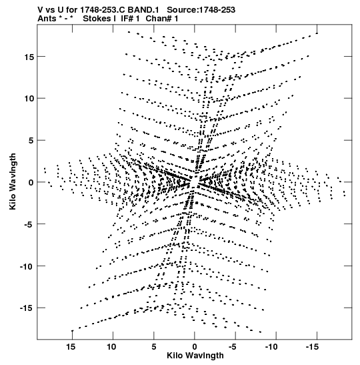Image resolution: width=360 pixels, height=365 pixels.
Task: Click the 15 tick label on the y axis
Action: coord(29,57)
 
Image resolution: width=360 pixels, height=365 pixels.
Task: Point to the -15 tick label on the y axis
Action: coord(27,308)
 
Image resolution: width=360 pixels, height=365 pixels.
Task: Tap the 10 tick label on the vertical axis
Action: coord(29,99)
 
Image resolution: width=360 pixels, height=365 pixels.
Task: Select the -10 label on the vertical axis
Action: coord(27,266)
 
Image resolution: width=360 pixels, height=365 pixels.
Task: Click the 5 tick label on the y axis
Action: coord(31,140)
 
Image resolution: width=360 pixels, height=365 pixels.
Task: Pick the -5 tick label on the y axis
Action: coord(29,224)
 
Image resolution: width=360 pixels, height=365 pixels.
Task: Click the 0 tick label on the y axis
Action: coord(31,182)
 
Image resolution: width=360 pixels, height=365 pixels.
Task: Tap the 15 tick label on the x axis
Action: coord(71,347)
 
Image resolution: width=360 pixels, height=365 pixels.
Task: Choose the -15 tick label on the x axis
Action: coord(311,347)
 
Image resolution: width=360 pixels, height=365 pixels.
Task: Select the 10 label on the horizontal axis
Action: coord(111,347)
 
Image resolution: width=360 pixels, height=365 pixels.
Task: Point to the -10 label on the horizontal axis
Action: coord(271,347)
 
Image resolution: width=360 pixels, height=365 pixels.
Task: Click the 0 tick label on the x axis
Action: coord(195,347)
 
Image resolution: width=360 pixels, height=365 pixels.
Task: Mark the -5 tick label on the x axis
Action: coord(232,347)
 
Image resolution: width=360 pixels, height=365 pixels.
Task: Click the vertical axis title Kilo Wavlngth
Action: coord(13,181)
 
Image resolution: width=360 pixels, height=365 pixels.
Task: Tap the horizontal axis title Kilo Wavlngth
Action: coord(195,356)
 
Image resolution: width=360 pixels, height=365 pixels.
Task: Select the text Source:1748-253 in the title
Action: coord(201,10)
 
